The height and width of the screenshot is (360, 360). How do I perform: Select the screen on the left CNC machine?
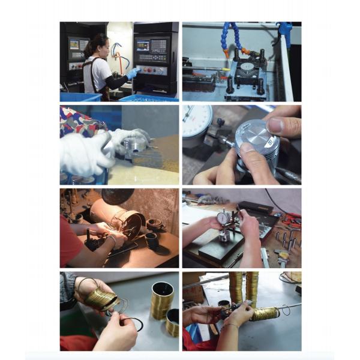tap(77, 44)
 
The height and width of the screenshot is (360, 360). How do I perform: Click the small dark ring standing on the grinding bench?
tap(150, 240)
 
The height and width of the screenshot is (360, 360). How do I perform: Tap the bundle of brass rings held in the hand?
tap(98, 297)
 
